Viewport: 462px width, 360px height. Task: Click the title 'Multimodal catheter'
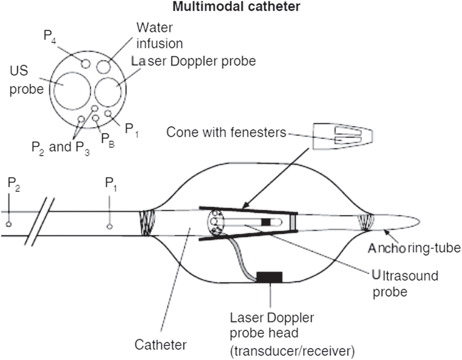[236, 7]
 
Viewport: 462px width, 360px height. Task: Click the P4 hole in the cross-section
[85, 64]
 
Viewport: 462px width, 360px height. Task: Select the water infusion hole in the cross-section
[103, 67]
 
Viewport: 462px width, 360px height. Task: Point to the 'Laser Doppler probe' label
[193, 61]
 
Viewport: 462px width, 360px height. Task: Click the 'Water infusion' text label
[159, 35]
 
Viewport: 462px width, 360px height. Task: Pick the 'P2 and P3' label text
[61, 147]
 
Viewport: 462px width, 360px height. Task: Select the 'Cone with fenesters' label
[226, 132]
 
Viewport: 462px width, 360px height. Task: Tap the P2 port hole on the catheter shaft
[9, 224]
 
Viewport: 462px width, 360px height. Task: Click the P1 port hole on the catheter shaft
[109, 227]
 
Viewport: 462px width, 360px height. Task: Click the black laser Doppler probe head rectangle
[269, 277]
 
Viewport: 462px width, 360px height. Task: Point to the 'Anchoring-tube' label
[414, 248]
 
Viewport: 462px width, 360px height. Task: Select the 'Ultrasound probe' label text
[405, 283]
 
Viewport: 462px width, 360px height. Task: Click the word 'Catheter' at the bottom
[161, 345]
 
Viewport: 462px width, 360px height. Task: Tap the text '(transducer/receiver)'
[292, 351]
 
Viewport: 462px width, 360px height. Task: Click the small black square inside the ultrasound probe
[266, 222]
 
